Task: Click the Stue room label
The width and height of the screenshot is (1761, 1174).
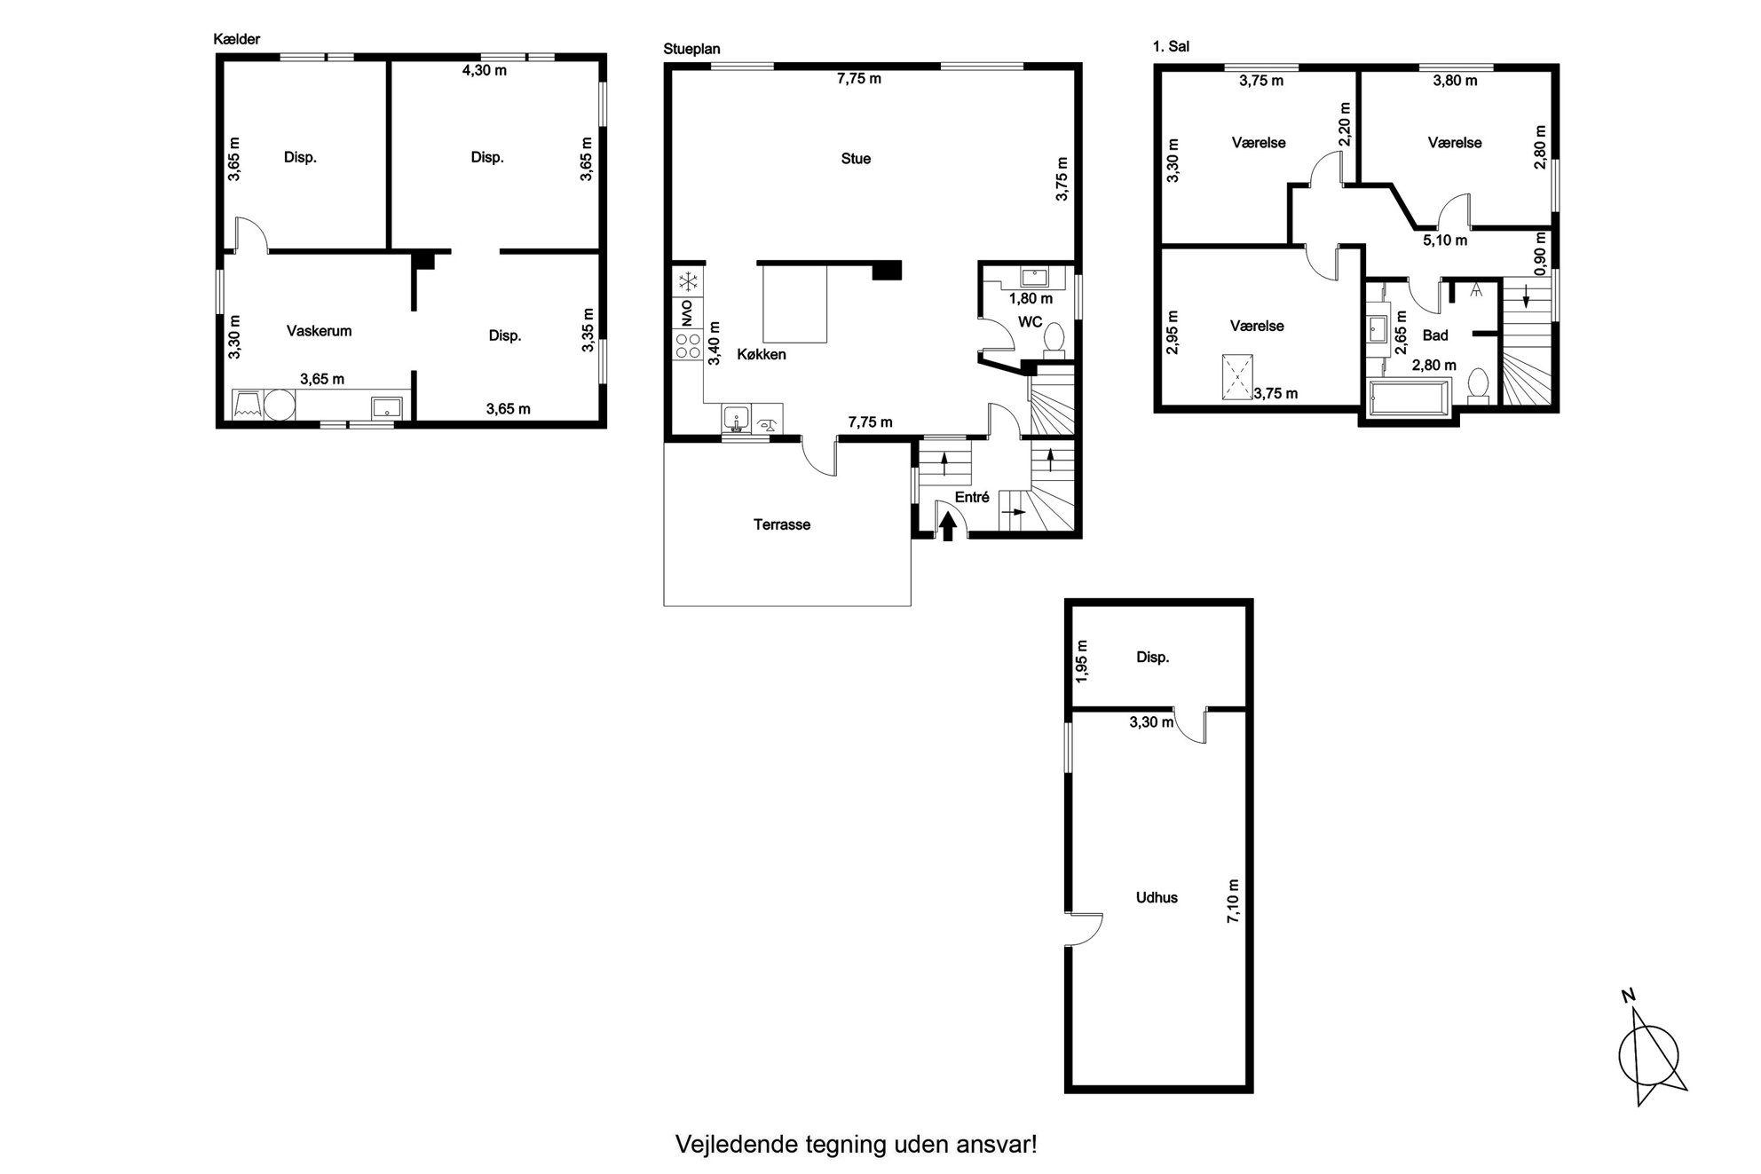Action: [x=856, y=159]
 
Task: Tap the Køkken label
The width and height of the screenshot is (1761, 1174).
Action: [x=762, y=354]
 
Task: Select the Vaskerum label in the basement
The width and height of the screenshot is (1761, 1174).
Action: [x=319, y=331]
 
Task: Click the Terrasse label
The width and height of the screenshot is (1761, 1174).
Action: [x=782, y=524]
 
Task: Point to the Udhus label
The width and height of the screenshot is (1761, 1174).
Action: [x=1157, y=897]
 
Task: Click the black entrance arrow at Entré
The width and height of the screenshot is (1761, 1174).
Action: [x=948, y=527]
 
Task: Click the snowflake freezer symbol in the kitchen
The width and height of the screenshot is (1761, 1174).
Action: [x=687, y=282]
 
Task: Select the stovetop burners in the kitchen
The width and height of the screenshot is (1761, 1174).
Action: [x=687, y=345]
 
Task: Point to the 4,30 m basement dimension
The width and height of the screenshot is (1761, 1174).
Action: [x=485, y=70]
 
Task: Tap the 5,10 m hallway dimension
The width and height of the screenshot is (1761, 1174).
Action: [x=1445, y=240]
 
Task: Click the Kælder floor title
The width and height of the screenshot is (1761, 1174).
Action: [x=237, y=39]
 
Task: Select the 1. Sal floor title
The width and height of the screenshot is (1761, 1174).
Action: [x=1172, y=46]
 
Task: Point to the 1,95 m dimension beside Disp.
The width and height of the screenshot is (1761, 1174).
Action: [x=1081, y=661]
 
